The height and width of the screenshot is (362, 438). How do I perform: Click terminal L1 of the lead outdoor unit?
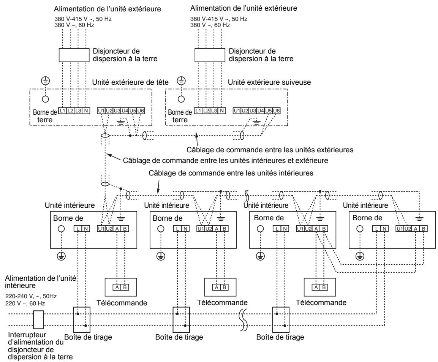62,111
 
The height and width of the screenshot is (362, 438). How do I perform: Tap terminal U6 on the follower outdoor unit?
276,111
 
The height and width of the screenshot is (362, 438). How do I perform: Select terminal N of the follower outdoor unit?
222,111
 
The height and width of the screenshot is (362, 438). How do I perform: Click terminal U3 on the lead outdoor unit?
117,111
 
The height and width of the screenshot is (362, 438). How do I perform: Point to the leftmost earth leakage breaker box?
74,55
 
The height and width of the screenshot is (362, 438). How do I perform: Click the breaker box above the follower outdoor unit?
210,55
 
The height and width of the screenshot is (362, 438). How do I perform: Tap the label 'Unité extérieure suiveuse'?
269,82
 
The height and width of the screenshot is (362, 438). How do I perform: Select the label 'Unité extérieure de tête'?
130,82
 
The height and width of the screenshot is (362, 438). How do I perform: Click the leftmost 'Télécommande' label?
122,303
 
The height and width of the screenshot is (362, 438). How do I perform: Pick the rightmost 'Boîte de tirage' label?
280,337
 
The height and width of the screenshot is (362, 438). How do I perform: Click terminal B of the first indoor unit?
125,229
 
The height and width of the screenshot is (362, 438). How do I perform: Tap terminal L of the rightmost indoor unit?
376,229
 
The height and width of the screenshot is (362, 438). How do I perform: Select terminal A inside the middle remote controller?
217,287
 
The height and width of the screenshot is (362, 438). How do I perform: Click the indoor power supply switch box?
38,319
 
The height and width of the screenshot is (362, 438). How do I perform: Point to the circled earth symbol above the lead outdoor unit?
45,81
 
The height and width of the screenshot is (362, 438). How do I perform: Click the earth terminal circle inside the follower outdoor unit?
181,99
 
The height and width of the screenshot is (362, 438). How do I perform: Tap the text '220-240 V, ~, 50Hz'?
31,296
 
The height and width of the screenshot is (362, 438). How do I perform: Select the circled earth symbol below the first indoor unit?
61,256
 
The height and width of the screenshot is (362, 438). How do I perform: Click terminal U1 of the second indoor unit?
201,229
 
